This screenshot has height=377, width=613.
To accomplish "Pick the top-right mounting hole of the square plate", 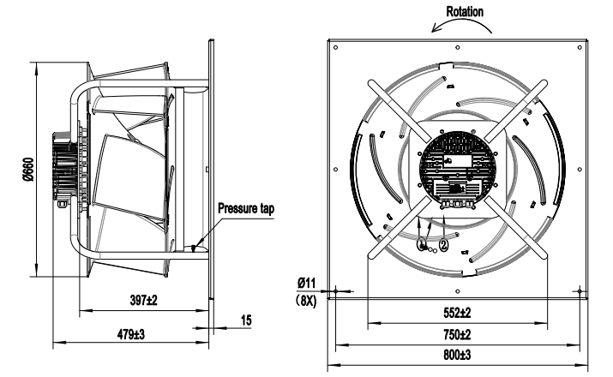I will pos(580,47).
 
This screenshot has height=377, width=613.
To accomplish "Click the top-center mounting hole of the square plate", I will pos(457,47).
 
